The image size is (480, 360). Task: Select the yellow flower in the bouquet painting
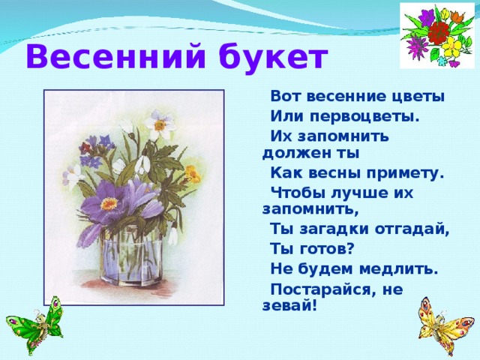click(x=193, y=174)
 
